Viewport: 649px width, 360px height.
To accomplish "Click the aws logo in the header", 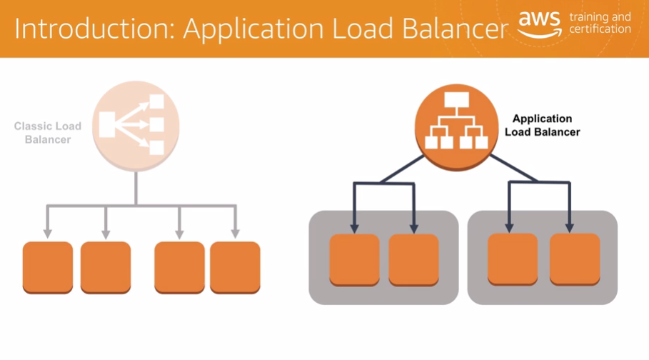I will tap(540, 24).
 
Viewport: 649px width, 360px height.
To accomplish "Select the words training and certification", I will tap(600, 23).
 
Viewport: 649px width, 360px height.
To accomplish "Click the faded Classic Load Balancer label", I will tap(48, 133).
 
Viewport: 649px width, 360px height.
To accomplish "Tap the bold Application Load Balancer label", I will tap(542, 126).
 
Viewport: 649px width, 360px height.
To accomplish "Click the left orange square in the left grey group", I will tap(353, 259).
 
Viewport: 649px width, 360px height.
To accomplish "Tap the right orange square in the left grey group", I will tap(413, 259).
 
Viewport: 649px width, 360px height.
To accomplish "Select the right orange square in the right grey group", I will tap(573, 259).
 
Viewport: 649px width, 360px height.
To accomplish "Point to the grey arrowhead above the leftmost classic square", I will tap(48, 233).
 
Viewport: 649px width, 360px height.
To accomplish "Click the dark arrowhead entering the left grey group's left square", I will tap(353, 227).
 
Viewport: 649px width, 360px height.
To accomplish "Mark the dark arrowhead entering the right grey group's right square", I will tap(569, 227).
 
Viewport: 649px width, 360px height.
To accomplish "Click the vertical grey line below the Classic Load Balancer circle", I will tap(136, 187).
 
